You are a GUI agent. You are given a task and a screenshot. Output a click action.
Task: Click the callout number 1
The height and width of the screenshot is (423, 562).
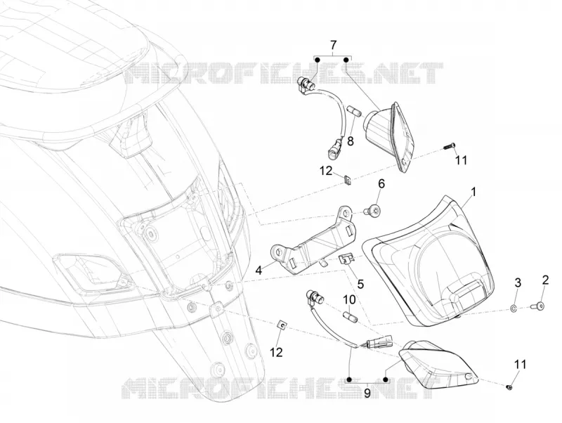click(x=473, y=192)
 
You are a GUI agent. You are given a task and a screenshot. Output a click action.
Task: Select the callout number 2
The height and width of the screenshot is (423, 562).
click(x=546, y=280)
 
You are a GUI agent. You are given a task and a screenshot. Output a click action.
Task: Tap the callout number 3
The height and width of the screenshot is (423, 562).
click(x=518, y=282)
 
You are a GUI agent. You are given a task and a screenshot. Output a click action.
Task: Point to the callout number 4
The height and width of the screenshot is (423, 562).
click(x=259, y=270)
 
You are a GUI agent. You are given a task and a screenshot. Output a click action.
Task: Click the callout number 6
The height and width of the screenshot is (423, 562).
click(x=381, y=184)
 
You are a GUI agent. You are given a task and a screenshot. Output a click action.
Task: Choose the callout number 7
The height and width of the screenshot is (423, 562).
click(x=333, y=45)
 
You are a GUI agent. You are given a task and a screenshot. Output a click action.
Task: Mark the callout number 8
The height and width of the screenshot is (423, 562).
click(x=350, y=141)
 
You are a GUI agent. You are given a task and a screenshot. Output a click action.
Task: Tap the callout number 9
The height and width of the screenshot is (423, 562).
click(x=367, y=393)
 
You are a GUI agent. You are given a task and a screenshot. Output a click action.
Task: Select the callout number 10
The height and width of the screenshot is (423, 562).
click(x=349, y=299)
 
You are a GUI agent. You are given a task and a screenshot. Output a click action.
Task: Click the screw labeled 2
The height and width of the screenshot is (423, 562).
click(x=537, y=306)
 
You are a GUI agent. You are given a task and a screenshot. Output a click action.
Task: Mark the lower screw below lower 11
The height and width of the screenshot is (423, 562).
click(x=511, y=386)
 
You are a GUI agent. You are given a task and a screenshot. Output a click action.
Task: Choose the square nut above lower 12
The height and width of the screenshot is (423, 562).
click(x=282, y=326)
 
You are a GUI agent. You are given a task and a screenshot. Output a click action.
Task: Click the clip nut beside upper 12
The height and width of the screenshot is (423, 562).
click(x=347, y=180)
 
